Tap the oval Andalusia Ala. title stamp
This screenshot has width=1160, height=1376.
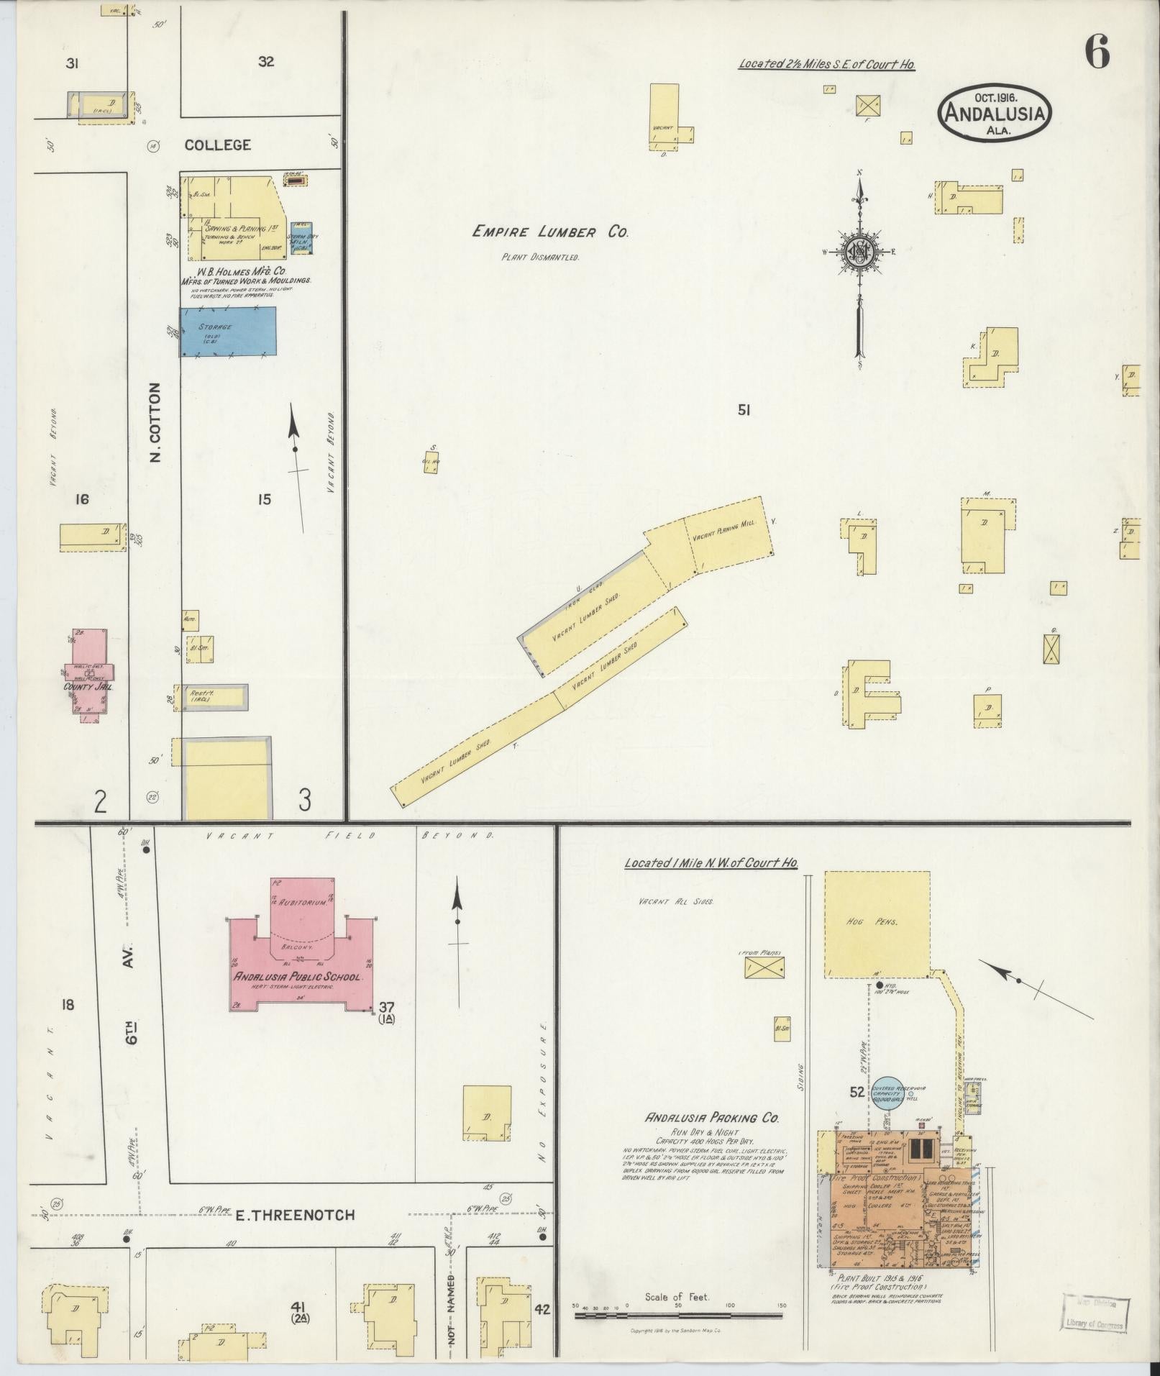click(x=995, y=114)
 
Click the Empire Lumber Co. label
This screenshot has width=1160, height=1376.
click(x=550, y=232)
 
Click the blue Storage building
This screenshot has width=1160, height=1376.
click(x=228, y=332)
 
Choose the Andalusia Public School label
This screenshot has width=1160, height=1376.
click(x=301, y=977)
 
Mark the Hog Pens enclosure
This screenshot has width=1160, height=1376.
click(x=877, y=924)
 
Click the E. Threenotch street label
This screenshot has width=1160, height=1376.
click(x=296, y=1215)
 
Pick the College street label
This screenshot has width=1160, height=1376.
click(x=218, y=145)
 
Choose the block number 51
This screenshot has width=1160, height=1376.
click(x=744, y=411)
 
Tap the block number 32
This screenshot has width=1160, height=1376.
click(x=266, y=62)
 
